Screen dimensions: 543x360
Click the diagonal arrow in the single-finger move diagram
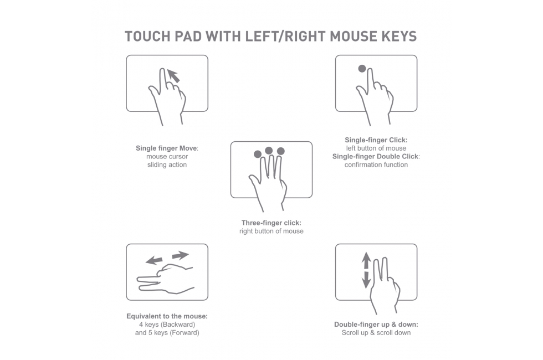(x=173, y=76)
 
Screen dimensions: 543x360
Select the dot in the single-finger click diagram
(x=362, y=69)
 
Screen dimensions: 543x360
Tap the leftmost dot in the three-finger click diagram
(x=258, y=154)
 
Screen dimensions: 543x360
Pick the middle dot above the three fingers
(x=269, y=151)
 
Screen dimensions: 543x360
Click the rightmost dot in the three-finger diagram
(x=281, y=151)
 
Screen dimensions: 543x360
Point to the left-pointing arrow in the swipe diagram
(x=154, y=260)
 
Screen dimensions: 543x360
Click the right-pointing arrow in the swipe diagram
(x=181, y=255)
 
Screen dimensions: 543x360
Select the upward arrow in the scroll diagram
(x=366, y=261)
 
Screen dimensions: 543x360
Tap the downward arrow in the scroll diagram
(x=366, y=280)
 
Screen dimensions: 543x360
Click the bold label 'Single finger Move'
(x=166, y=148)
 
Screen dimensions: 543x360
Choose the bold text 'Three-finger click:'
(x=271, y=223)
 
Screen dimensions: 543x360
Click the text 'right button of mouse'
(x=271, y=232)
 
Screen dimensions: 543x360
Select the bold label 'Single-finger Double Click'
(x=376, y=156)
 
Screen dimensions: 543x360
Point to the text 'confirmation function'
(x=376, y=165)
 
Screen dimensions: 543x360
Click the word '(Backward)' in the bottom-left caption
(x=178, y=325)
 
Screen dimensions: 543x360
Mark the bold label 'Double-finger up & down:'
(x=376, y=325)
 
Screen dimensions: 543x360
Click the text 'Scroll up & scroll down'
(x=376, y=333)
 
